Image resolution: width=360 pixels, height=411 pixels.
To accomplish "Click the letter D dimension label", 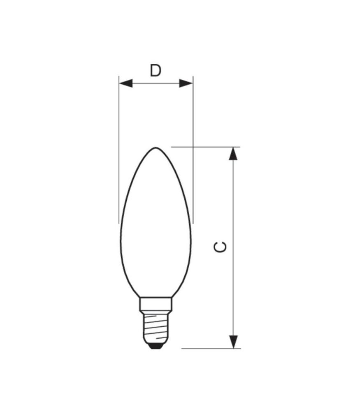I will pos(155,71).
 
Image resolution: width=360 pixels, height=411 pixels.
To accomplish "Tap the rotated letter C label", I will pos(221,247).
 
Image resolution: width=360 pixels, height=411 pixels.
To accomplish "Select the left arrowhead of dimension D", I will pos(125,83).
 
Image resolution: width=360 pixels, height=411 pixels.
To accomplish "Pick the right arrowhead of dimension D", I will pos(186,83).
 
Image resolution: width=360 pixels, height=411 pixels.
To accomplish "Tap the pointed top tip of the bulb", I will pos(156,148).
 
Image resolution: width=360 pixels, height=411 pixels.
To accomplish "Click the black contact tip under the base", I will pos(156,346).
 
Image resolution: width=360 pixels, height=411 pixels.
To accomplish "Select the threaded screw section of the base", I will pos(156,327).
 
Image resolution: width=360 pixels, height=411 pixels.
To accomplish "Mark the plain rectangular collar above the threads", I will pos(156,305).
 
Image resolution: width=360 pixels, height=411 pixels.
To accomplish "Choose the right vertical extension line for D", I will pos(193,123).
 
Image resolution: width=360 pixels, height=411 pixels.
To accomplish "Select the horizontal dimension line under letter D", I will pos(156,83).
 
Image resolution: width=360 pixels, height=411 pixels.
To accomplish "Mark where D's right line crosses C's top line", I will pos(193,147).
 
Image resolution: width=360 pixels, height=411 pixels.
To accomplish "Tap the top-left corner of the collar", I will pos(140,298).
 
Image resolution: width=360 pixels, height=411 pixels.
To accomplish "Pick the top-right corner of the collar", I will pos(172,298).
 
